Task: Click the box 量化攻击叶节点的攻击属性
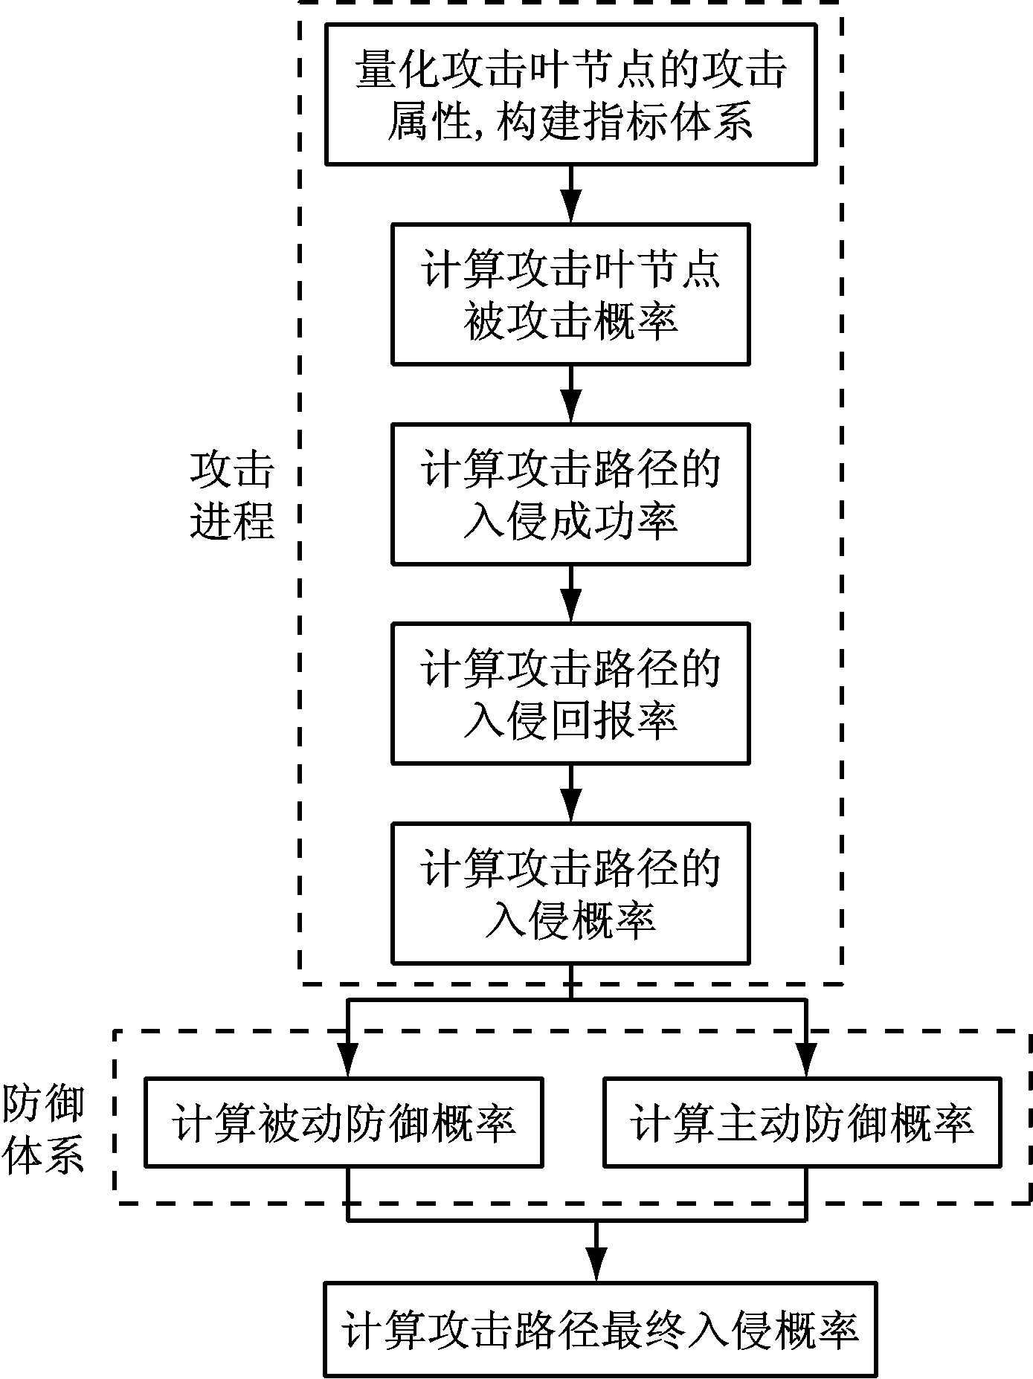tap(570, 94)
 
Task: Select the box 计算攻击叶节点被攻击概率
tap(570, 294)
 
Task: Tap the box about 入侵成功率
tap(570, 494)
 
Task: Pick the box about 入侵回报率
tap(570, 693)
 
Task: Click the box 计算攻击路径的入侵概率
tap(570, 893)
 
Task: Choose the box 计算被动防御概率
tap(343, 1122)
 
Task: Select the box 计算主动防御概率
tap(801, 1122)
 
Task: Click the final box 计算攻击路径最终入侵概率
tap(600, 1329)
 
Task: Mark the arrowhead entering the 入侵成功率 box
tap(570, 410)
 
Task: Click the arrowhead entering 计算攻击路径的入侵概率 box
tap(570, 809)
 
